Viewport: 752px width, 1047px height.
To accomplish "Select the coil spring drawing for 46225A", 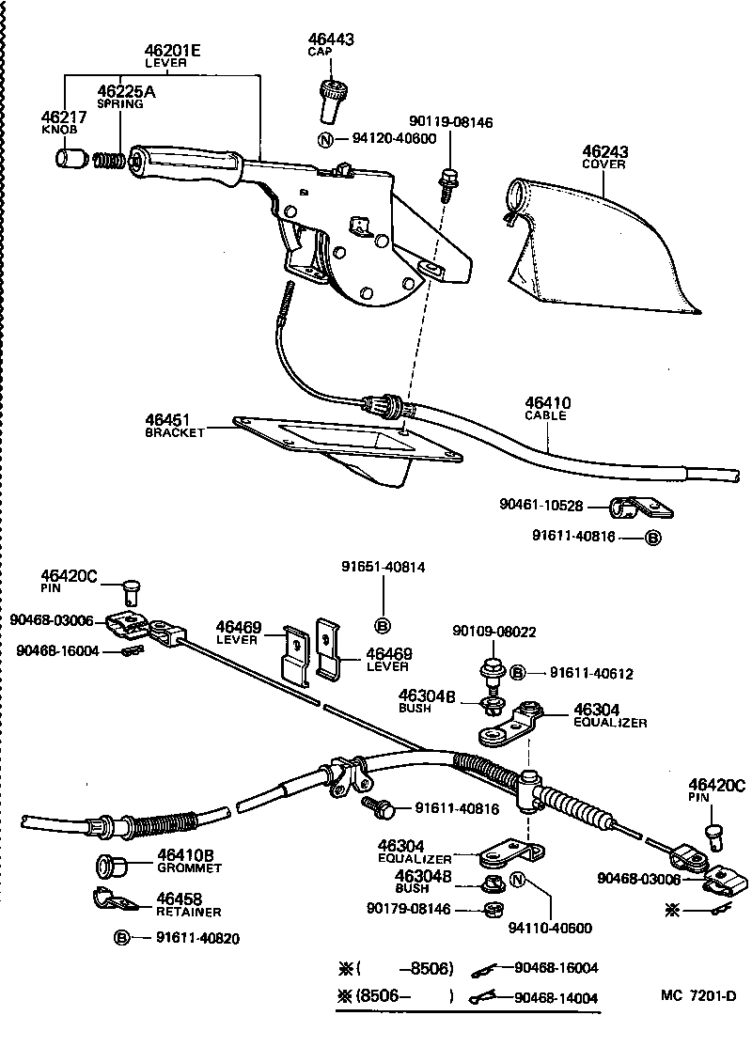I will (111, 160).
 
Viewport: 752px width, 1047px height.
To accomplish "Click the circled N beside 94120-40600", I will (325, 140).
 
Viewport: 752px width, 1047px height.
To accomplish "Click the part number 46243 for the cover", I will (604, 151).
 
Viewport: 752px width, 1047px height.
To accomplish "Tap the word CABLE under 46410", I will (546, 415).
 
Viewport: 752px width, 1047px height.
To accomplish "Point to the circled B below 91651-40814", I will (383, 625).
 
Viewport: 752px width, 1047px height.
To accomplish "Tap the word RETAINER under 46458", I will (188, 912).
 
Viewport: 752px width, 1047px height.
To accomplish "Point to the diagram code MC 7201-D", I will (697, 995).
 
